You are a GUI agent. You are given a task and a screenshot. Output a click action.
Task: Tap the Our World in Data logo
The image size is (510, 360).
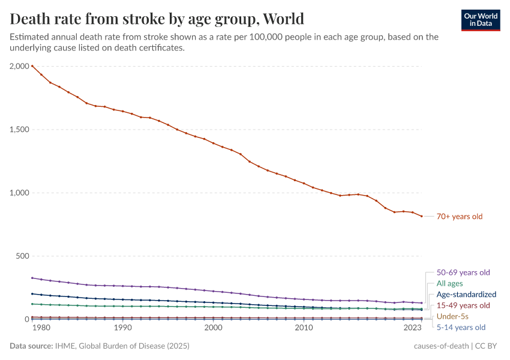[x=481, y=20]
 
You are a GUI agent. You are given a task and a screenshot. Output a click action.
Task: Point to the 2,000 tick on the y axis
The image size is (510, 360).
[x=20, y=66]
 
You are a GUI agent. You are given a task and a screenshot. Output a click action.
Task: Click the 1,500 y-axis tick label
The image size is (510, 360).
[x=20, y=130]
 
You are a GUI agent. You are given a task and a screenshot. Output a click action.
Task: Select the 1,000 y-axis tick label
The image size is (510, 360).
[x=20, y=193]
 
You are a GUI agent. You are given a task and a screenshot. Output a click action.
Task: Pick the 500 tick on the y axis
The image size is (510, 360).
[x=23, y=256]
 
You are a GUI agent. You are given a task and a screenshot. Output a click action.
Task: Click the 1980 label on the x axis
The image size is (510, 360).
[x=41, y=328]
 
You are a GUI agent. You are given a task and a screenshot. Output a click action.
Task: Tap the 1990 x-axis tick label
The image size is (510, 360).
[x=122, y=328]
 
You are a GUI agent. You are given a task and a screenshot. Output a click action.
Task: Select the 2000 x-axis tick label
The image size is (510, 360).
[x=213, y=328]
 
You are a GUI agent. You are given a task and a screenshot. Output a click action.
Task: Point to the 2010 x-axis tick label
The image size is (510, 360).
[x=304, y=328]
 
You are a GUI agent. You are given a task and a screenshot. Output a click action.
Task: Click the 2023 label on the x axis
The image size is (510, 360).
[x=413, y=328]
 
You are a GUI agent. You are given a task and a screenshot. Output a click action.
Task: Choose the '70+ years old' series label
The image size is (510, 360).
[x=459, y=217]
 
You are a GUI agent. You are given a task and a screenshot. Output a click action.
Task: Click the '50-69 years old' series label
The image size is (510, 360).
[x=463, y=272]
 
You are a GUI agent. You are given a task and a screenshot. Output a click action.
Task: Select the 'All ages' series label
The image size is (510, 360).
[x=449, y=284]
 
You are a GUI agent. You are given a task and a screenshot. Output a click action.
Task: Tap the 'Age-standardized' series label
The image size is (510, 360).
[x=466, y=295]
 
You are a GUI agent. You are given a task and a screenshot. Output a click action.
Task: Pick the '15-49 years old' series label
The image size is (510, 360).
[x=463, y=305]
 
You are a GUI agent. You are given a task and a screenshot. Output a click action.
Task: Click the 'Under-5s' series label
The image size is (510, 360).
[x=452, y=316]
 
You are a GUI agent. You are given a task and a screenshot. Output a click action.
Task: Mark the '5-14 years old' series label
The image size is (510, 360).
[x=461, y=328]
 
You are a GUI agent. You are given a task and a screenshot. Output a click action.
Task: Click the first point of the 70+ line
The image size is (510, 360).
[x=32, y=66]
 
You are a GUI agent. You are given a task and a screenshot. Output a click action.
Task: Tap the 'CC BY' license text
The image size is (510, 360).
[x=488, y=346]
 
